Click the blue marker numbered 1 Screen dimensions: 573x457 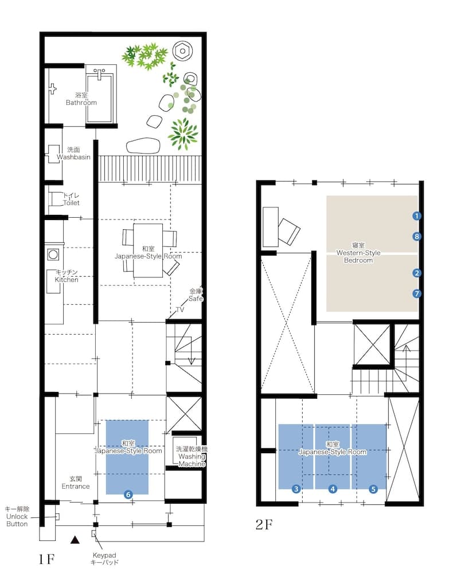[417, 216]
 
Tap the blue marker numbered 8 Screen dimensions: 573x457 [417, 236]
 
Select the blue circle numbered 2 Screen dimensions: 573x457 [417, 274]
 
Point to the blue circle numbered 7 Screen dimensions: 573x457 [417, 293]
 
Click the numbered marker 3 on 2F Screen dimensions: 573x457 [296, 489]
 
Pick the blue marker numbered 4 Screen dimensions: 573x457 [333, 489]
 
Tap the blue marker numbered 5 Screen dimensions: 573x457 [373, 489]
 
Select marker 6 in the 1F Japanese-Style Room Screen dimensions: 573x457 [128, 494]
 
